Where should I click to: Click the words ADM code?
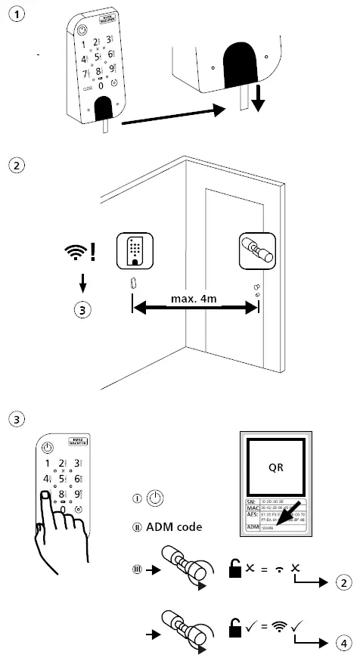pyautogui.click(x=173, y=526)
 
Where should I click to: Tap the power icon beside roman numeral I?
pyautogui.click(x=154, y=498)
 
